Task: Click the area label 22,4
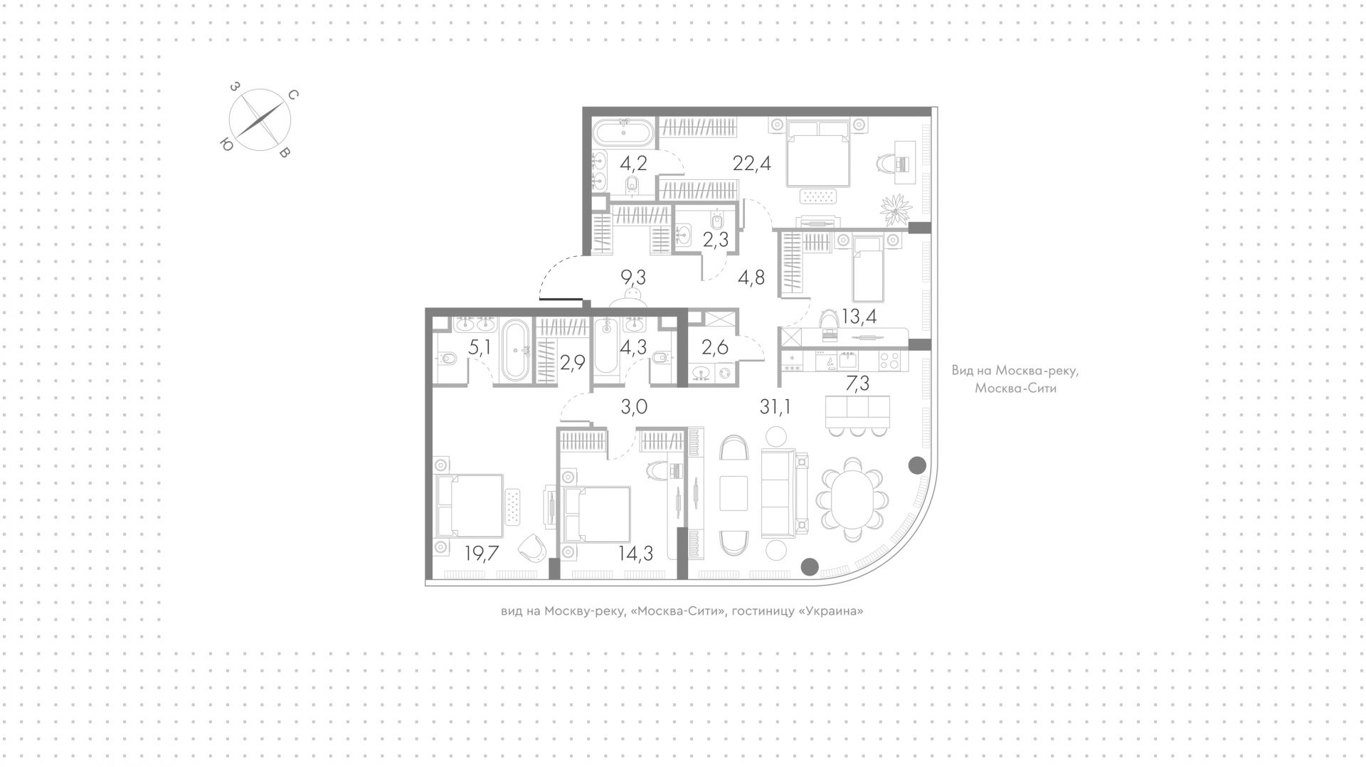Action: [x=751, y=164]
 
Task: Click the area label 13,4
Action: [x=858, y=317]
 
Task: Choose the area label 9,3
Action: [x=632, y=276]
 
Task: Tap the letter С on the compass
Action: [x=292, y=95]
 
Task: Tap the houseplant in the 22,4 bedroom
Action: [x=895, y=208]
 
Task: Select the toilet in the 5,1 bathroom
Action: [x=446, y=359]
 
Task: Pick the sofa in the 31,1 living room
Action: [x=785, y=494]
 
